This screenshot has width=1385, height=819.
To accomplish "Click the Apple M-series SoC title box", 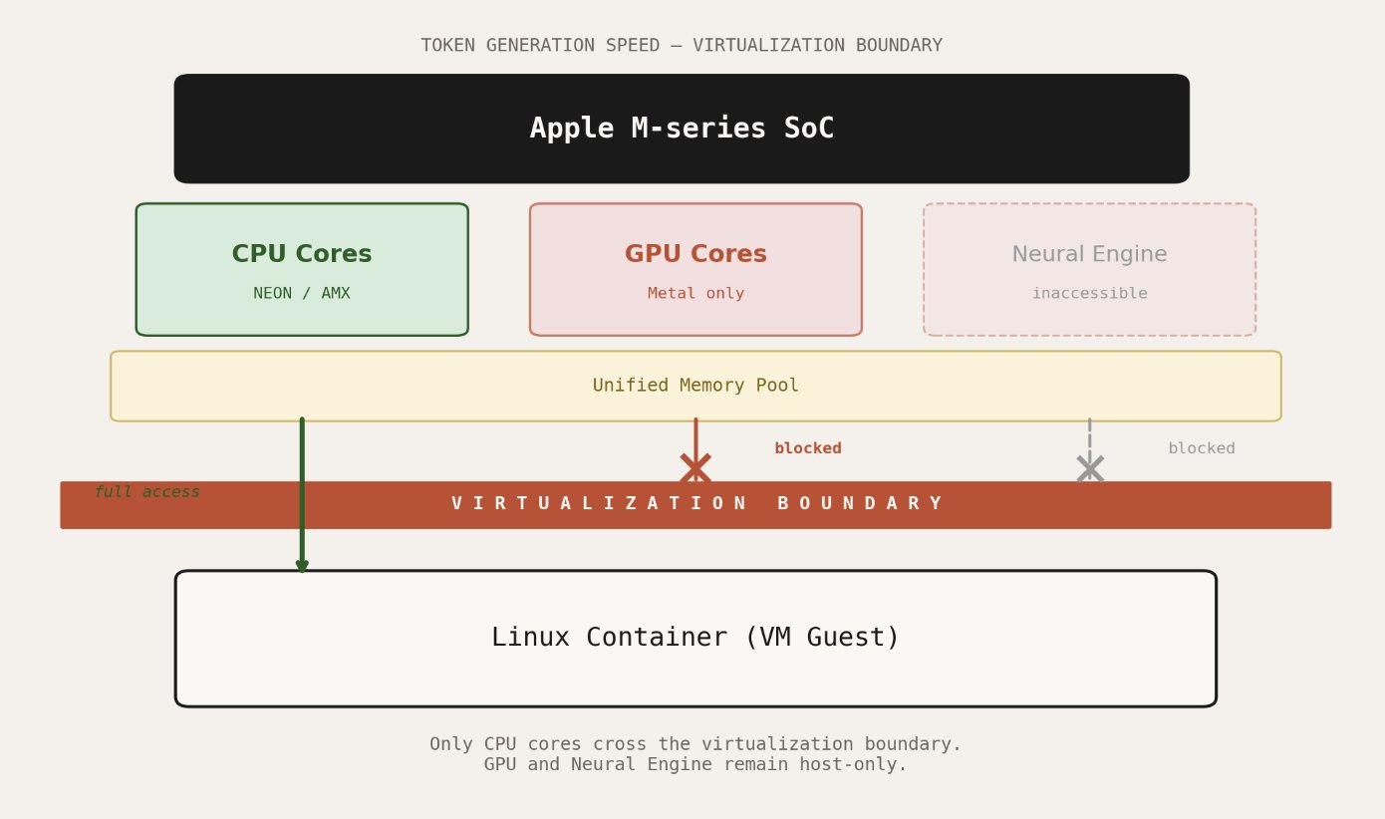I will pyautogui.click(x=682, y=129).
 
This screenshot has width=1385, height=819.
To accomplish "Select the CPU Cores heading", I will pyautogui.click(x=302, y=254).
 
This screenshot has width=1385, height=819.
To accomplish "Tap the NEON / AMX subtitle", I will pyautogui.click(x=302, y=294).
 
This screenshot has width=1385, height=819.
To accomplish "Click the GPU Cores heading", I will pyautogui.click(x=695, y=254).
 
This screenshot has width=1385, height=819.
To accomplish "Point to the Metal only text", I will pyautogui.click(x=695, y=294).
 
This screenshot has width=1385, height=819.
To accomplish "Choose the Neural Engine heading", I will pyautogui.click(x=1089, y=254).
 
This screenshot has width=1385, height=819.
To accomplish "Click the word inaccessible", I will pyautogui.click(x=1089, y=294).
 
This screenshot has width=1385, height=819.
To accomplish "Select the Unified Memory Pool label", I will pyautogui.click(x=695, y=386).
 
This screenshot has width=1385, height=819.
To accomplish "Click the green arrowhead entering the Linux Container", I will pyautogui.click(x=302, y=566).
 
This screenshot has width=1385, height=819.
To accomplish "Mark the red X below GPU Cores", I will pyautogui.click(x=695, y=468).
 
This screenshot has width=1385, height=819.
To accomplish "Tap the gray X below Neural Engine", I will pyautogui.click(x=1090, y=468).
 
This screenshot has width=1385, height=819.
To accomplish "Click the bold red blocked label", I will pyautogui.click(x=808, y=448).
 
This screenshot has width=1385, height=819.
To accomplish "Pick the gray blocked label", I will pyautogui.click(x=1202, y=448).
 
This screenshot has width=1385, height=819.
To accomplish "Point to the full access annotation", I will pyautogui.click(x=147, y=492).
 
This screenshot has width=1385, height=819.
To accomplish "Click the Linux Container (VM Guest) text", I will pyautogui.click(x=695, y=638).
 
